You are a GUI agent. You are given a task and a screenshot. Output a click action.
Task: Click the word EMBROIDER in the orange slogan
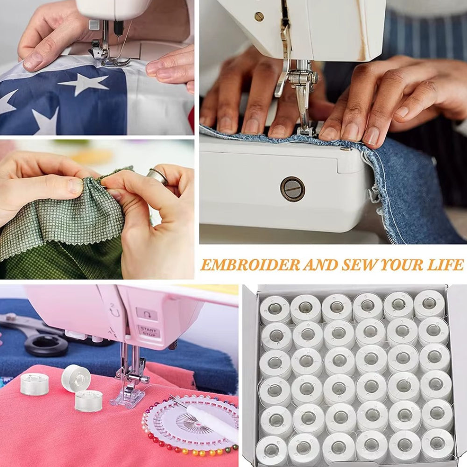tap(250, 265)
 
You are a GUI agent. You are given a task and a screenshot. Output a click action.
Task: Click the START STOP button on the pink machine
tap(149, 331)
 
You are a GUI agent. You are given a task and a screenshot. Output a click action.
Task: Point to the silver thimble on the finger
tap(158, 176)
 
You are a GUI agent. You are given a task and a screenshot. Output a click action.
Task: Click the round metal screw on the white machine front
tap(292, 189)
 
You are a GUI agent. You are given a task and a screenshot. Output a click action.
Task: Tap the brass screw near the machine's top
tap(259, 17)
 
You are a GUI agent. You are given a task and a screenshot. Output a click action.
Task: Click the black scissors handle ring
tap(46, 346)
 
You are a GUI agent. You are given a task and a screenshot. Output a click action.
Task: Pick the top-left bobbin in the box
tap(275, 310)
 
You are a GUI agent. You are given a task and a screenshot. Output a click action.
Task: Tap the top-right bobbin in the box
tap(429, 304)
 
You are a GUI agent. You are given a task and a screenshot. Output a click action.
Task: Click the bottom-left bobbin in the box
tap(271, 450)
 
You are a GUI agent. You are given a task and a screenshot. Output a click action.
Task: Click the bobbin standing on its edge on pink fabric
tap(76, 379)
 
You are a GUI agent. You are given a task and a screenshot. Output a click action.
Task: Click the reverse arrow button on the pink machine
tap(147, 314)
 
